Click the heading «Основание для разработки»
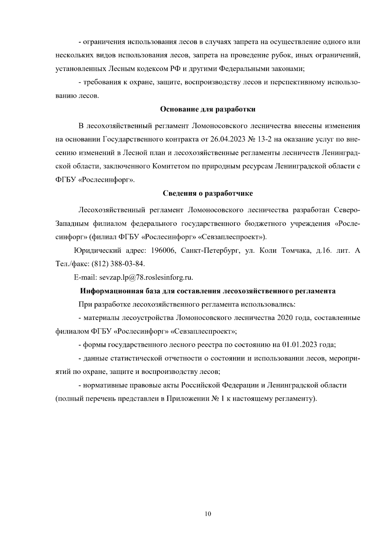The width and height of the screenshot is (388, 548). [208, 109]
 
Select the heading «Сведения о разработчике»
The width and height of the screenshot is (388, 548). [207, 193]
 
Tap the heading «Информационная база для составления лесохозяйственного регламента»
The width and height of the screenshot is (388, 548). [208, 291]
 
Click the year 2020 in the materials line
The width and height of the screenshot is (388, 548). [285, 318]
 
